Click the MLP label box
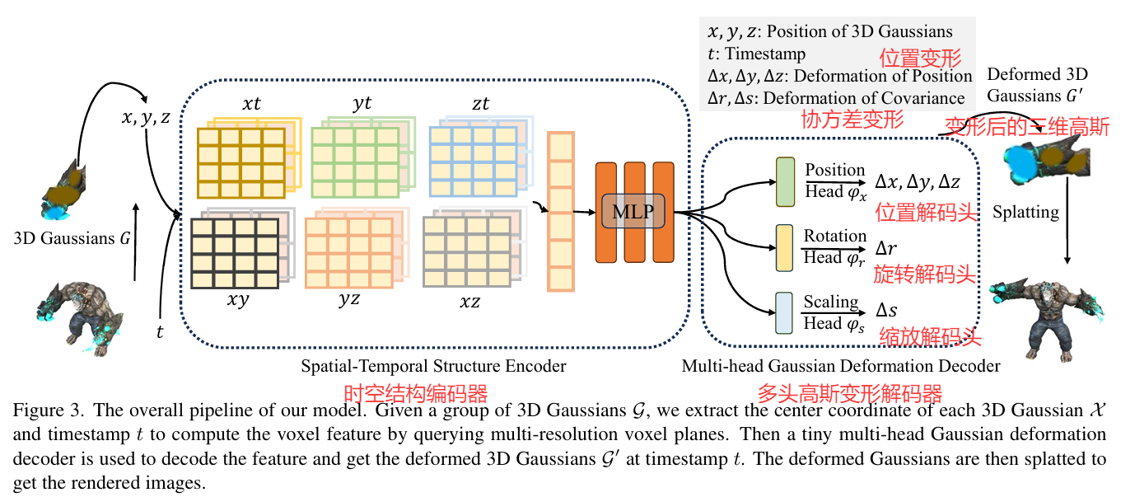click(x=633, y=213)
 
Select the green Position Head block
click(x=784, y=181)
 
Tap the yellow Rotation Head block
click(x=784, y=248)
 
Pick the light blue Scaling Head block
click(x=784, y=312)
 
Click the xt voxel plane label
click(x=253, y=105)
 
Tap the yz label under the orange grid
click(x=349, y=301)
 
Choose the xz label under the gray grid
click(x=470, y=302)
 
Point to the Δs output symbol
click(x=885, y=312)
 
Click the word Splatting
click(x=1025, y=212)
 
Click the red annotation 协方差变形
click(x=852, y=120)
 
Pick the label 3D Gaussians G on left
click(x=72, y=239)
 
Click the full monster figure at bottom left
click(x=80, y=316)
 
